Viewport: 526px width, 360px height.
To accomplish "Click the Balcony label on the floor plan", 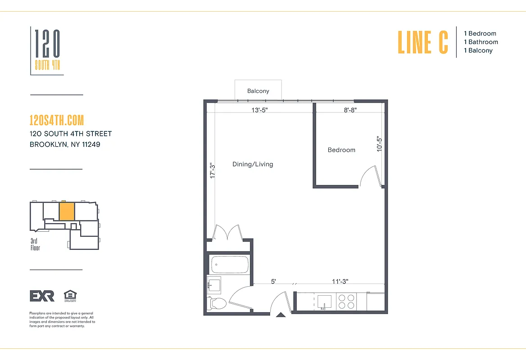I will [x=258, y=91].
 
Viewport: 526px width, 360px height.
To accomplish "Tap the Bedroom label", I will [x=341, y=150].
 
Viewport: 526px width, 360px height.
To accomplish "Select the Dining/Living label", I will [x=253, y=164].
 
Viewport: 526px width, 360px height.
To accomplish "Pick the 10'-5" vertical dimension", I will [x=380, y=144].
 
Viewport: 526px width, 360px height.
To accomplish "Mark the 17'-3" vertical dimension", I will [x=213, y=171].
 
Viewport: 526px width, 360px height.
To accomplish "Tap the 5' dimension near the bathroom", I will [x=273, y=281].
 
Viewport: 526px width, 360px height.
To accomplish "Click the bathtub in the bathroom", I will [x=230, y=264].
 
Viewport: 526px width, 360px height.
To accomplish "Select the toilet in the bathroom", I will [x=218, y=303].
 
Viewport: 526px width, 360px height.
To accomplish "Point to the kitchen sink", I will [x=324, y=301].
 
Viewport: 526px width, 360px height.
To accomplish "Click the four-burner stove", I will [x=346, y=301].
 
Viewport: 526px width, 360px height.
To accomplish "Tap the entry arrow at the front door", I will [x=280, y=315].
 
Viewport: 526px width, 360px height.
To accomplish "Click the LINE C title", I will [x=423, y=42].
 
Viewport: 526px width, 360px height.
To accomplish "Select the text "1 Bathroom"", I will [x=481, y=42].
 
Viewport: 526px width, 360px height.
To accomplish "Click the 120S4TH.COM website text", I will [x=56, y=121].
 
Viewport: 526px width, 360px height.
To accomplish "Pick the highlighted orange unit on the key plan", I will [x=67, y=211].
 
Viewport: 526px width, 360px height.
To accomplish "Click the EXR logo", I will [x=42, y=296].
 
